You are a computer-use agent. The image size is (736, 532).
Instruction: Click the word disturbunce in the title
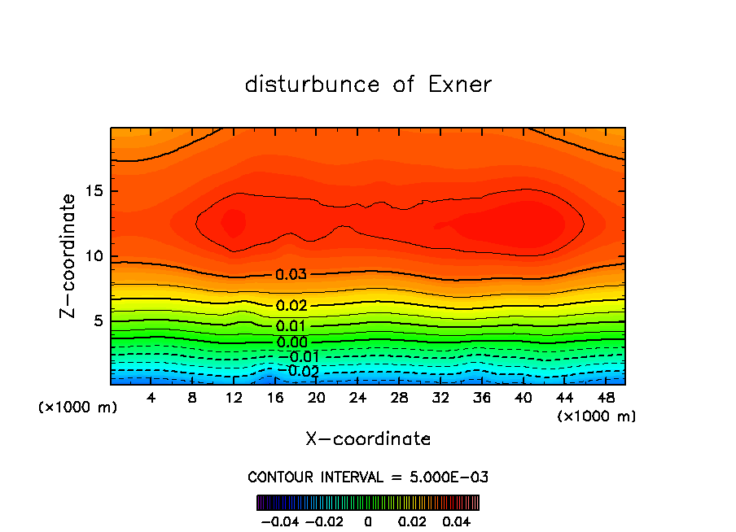(312, 85)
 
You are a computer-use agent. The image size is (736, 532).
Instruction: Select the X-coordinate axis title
(368, 439)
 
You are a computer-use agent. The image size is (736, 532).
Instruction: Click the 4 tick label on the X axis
(151, 398)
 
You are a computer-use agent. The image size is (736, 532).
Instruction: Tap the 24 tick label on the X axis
(357, 398)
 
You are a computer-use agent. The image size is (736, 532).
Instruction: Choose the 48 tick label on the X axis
(605, 398)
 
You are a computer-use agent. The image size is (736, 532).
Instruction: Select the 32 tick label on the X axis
(440, 398)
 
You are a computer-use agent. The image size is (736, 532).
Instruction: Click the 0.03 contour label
(291, 275)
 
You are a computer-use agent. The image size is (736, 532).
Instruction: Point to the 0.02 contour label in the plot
(291, 306)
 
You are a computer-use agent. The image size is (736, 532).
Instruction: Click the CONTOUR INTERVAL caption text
(368, 477)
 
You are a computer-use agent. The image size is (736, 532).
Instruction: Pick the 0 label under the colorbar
(368, 520)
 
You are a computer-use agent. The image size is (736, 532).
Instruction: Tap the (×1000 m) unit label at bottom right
(596, 416)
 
